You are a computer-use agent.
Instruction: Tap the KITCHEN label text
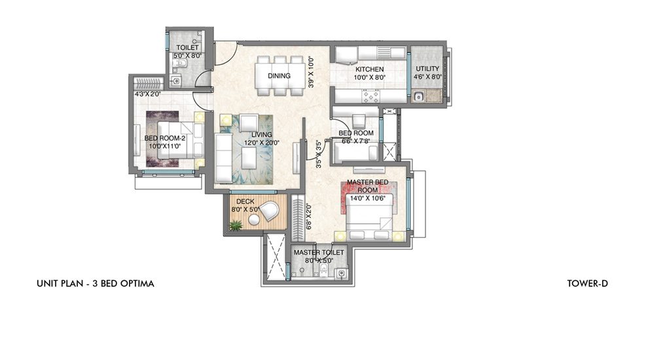[x=369, y=69]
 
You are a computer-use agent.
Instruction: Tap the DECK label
[x=245, y=202]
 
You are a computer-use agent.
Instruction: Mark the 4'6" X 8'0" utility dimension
[x=428, y=77]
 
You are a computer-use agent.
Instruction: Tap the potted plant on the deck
[x=235, y=225]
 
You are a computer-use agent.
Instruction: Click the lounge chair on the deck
[x=270, y=211]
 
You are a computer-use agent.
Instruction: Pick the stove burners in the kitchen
[x=370, y=96]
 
